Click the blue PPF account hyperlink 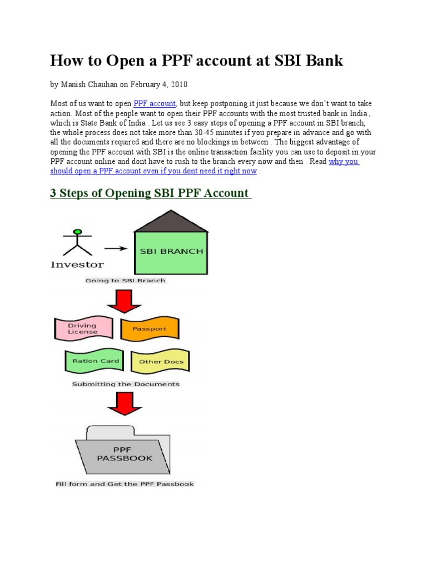[155, 104]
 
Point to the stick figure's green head [78, 231]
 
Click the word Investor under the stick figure [77, 264]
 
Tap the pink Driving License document [83, 328]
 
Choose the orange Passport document [150, 329]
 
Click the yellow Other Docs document [161, 361]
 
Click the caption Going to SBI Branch [125, 281]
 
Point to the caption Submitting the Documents [126, 384]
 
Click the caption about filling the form [125, 484]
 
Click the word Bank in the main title [323, 61]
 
